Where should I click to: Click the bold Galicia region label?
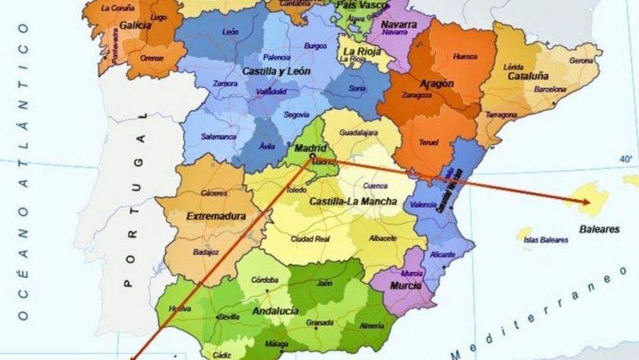tap(135, 26)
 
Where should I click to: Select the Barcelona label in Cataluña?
tap(550, 90)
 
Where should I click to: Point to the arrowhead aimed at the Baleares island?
tap(584, 202)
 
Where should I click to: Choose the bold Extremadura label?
tap(216, 217)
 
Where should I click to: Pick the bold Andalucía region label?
tap(275, 311)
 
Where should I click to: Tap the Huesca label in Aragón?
tap(465, 56)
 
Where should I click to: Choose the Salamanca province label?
tap(215, 137)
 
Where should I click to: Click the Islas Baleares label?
tap(546, 240)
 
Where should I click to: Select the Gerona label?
tap(581, 61)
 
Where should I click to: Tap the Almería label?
tap(372, 325)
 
